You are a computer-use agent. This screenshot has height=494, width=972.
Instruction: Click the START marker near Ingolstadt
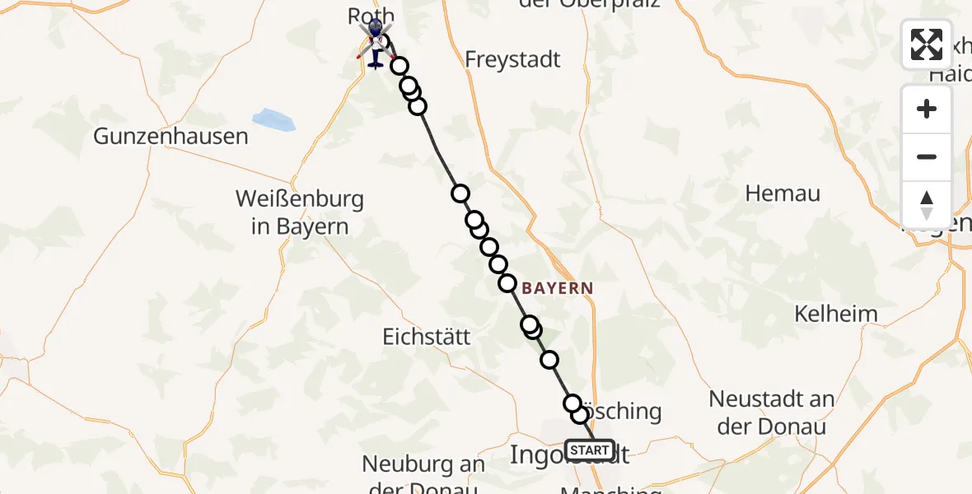click(x=590, y=450)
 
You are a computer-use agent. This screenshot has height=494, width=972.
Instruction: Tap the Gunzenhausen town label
click(x=171, y=137)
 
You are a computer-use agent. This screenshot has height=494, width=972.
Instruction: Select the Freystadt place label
click(x=512, y=59)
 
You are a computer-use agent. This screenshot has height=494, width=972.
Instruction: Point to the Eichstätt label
click(x=427, y=337)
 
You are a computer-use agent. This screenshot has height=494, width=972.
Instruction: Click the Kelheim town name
click(x=835, y=314)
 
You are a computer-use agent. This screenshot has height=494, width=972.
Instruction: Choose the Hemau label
click(x=783, y=193)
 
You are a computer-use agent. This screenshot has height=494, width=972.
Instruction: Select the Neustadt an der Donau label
click(x=772, y=412)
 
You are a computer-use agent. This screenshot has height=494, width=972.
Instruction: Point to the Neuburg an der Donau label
click(x=423, y=476)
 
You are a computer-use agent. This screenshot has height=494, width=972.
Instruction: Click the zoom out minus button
click(x=927, y=156)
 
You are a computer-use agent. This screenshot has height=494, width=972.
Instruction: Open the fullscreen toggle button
click(x=927, y=44)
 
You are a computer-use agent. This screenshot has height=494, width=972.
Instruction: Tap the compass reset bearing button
click(x=927, y=204)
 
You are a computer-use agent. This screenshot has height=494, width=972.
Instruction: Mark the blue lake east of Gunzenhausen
click(x=273, y=119)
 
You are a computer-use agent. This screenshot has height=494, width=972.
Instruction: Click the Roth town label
click(x=372, y=16)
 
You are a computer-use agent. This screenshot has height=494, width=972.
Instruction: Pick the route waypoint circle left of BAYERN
click(x=507, y=283)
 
